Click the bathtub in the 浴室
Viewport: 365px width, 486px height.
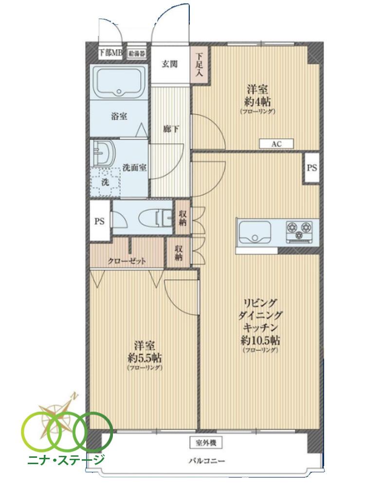click(119, 82)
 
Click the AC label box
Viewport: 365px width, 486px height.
click(276, 144)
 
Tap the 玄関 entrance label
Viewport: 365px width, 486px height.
click(170, 64)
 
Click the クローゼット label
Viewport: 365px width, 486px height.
click(128, 261)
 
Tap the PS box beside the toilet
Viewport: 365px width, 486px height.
click(99, 222)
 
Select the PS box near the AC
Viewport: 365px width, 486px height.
click(311, 168)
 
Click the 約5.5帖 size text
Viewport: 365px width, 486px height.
click(145, 358)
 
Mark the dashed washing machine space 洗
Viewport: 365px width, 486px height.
click(105, 182)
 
